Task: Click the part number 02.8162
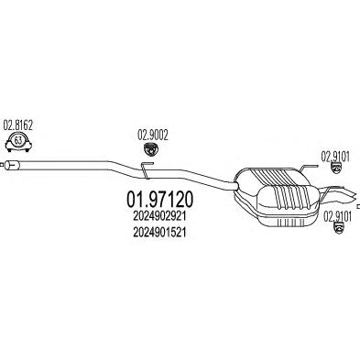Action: tap(17, 125)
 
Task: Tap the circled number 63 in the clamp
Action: tap(18, 140)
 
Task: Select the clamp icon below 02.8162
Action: tap(19, 142)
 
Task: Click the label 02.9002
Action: tap(153, 136)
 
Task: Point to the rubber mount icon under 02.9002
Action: tap(149, 148)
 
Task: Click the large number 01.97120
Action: tap(159, 200)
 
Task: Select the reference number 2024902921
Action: tap(159, 216)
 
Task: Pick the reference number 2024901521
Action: tap(159, 233)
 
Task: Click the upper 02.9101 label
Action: tap(335, 158)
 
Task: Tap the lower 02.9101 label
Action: tap(337, 217)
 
